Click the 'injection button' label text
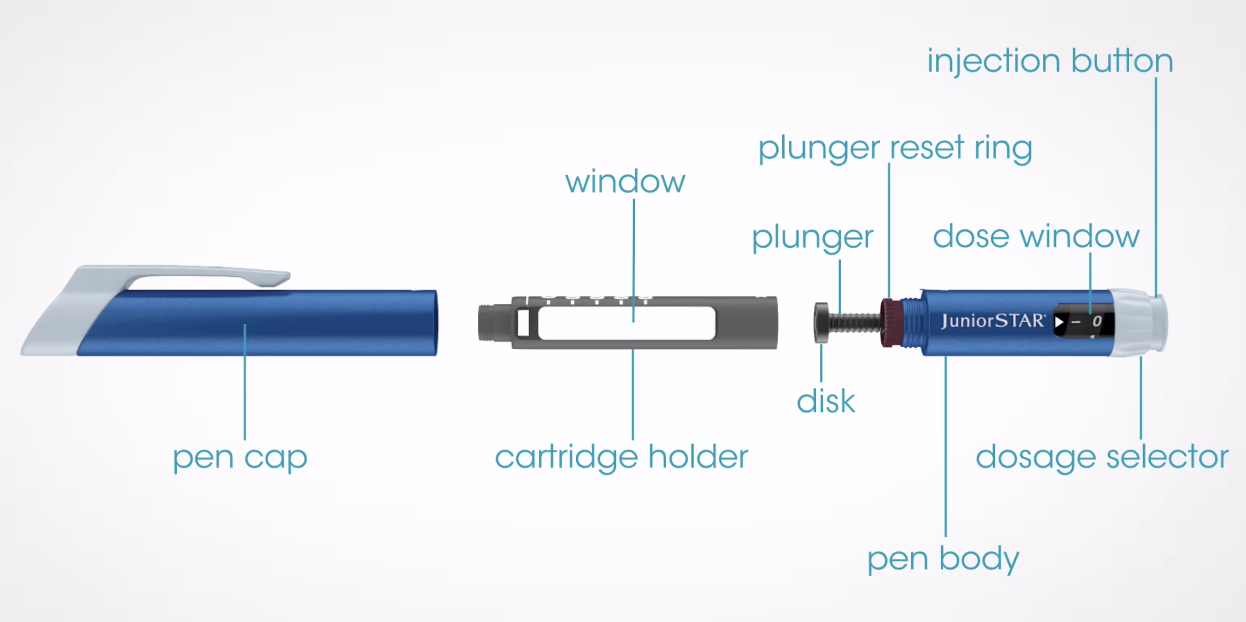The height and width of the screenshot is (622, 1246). pyautogui.click(x=1050, y=61)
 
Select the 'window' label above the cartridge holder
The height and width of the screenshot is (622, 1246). pyautogui.click(x=625, y=182)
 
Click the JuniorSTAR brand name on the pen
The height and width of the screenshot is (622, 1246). pyautogui.click(x=993, y=321)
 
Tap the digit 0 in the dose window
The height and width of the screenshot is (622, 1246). pyautogui.click(x=1097, y=321)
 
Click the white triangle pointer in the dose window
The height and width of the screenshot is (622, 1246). pyautogui.click(x=1059, y=322)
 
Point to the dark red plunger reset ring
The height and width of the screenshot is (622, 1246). pyautogui.click(x=890, y=322)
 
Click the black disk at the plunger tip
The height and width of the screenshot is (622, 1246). pyautogui.click(x=821, y=322)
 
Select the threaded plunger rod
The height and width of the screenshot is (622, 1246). pyautogui.click(x=854, y=322)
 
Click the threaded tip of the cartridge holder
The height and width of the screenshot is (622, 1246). pyautogui.click(x=493, y=322)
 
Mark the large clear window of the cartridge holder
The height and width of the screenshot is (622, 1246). pyautogui.click(x=626, y=323)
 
